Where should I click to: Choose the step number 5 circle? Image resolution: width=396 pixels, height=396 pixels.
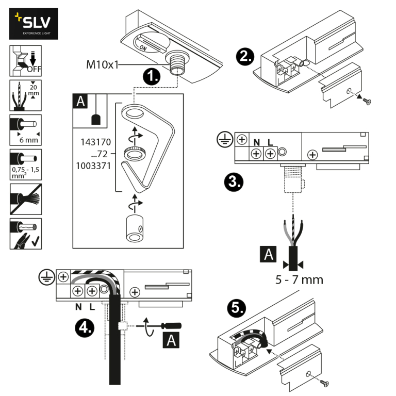[x=236, y=308]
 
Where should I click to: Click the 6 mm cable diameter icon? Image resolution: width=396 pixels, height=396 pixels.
[x=25, y=129]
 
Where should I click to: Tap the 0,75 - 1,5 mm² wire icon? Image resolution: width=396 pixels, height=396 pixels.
[x=25, y=163]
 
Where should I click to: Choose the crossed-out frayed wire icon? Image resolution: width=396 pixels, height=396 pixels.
[x=25, y=198]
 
